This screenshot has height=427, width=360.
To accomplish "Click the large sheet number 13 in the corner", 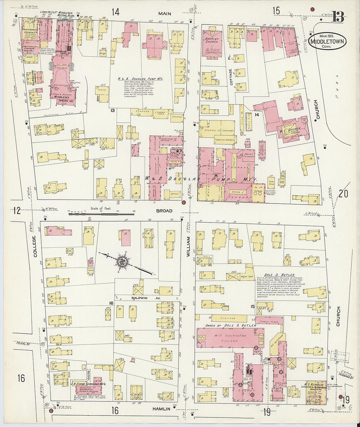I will [x=338, y=17].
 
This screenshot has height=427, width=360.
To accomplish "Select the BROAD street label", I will [x=164, y=211].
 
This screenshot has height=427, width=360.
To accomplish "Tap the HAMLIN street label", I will [x=161, y=409].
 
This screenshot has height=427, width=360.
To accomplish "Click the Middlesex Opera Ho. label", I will [x=63, y=99].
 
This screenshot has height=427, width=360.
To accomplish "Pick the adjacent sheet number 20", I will [x=343, y=194].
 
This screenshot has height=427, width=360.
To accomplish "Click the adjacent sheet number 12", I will [x=16, y=210].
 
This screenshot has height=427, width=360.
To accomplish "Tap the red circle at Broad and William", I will [x=184, y=203].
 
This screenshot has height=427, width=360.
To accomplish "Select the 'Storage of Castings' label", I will [x=222, y=130].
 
